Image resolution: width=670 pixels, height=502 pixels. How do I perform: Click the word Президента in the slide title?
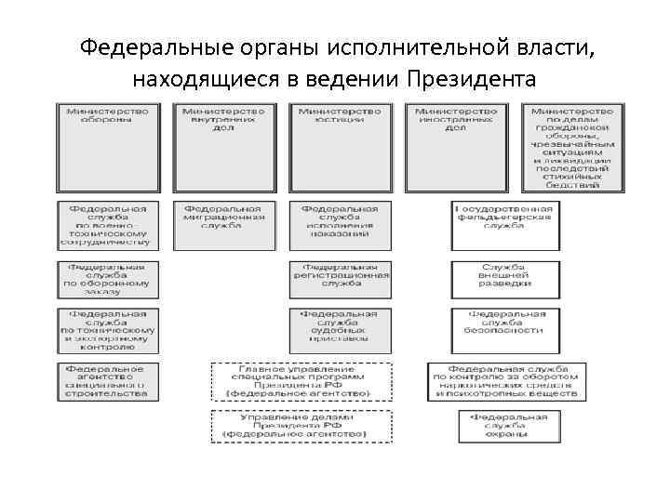(471, 76)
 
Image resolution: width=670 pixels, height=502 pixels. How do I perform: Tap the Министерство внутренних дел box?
(223, 147)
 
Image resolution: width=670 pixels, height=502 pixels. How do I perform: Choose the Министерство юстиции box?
(339, 147)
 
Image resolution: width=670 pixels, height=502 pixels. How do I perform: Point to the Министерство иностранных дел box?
(455, 147)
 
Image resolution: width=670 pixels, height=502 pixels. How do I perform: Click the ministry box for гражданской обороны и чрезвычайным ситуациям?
(571, 147)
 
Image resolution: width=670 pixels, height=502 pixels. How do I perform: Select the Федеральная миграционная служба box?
(224, 225)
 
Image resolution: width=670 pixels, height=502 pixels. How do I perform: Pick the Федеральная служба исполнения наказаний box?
(339, 225)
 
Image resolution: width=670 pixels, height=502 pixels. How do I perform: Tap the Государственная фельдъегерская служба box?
(505, 225)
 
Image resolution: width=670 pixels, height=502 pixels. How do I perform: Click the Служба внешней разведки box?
(505, 276)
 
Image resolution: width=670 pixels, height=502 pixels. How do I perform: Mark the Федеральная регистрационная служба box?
(339, 276)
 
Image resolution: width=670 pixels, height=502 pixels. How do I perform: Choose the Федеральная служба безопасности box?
(505, 323)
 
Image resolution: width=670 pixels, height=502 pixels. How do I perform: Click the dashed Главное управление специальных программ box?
(299, 381)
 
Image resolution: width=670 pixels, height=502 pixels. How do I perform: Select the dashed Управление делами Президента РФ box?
(299, 427)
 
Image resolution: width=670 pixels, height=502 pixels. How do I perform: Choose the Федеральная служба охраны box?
(505, 427)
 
